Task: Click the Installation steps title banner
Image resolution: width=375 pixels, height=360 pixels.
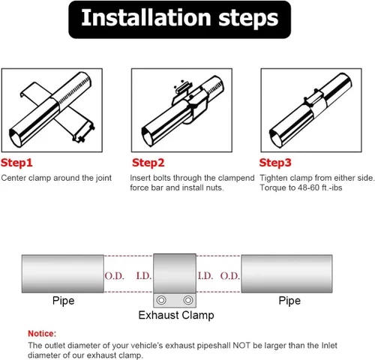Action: tap(179, 19)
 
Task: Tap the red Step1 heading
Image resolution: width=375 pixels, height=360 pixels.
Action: tap(16, 163)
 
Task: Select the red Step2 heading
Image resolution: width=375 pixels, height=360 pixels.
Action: tap(148, 163)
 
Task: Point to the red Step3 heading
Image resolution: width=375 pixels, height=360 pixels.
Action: tap(275, 163)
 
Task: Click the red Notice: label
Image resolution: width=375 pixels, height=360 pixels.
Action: tap(42, 334)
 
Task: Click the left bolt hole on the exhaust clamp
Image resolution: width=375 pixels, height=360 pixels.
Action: tap(161, 300)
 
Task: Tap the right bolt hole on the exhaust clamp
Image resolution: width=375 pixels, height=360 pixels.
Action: tap(188, 300)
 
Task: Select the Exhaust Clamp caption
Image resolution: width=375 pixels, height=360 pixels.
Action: tap(176, 315)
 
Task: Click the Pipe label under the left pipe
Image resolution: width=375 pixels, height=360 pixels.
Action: tap(64, 301)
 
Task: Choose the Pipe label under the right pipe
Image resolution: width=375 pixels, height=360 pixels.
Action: tap(289, 301)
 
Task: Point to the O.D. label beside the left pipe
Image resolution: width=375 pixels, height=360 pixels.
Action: tap(115, 276)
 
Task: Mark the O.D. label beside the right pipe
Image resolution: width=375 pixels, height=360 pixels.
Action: tap(230, 276)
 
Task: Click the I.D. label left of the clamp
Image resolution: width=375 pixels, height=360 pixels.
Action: tap(144, 276)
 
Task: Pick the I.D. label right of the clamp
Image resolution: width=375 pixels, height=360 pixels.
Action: tap(205, 276)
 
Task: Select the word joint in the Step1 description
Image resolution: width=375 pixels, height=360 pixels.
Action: tap(103, 178)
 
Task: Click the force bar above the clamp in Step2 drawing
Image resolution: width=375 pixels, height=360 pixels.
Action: tap(183, 87)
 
